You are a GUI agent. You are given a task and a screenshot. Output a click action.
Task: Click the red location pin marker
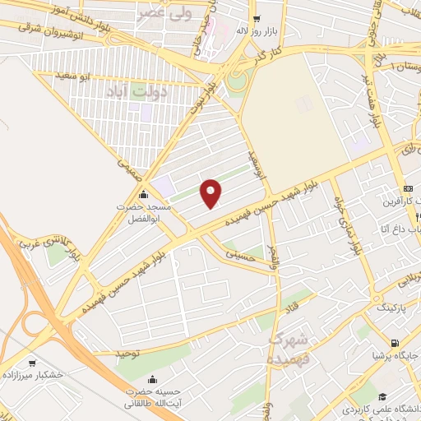[211, 193]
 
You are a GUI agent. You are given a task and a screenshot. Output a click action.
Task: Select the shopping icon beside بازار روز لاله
[257, 18]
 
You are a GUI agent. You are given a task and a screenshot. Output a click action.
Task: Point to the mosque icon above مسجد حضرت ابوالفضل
[145, 195]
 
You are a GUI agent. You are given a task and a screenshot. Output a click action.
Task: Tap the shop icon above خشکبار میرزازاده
[32, 362]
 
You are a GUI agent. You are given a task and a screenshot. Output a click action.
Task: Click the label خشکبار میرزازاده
[32, 374]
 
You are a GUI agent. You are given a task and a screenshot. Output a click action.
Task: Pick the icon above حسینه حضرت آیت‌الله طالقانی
[153, 379]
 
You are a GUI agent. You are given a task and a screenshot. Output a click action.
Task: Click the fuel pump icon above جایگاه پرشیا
[396, 344]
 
